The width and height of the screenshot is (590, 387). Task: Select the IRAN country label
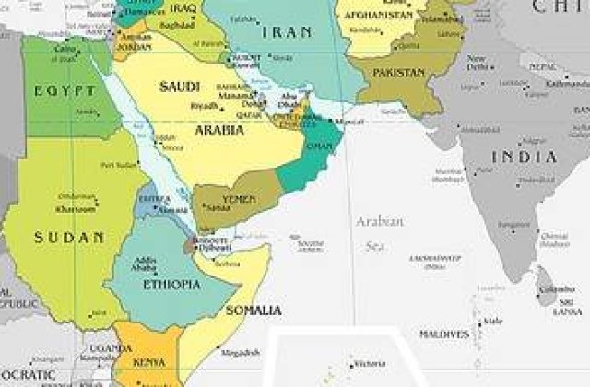288,32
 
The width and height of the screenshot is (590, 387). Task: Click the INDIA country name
525,157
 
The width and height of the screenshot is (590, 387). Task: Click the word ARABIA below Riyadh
218,130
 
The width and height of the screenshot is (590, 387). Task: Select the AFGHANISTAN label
379,17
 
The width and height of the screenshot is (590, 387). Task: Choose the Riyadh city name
203,106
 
